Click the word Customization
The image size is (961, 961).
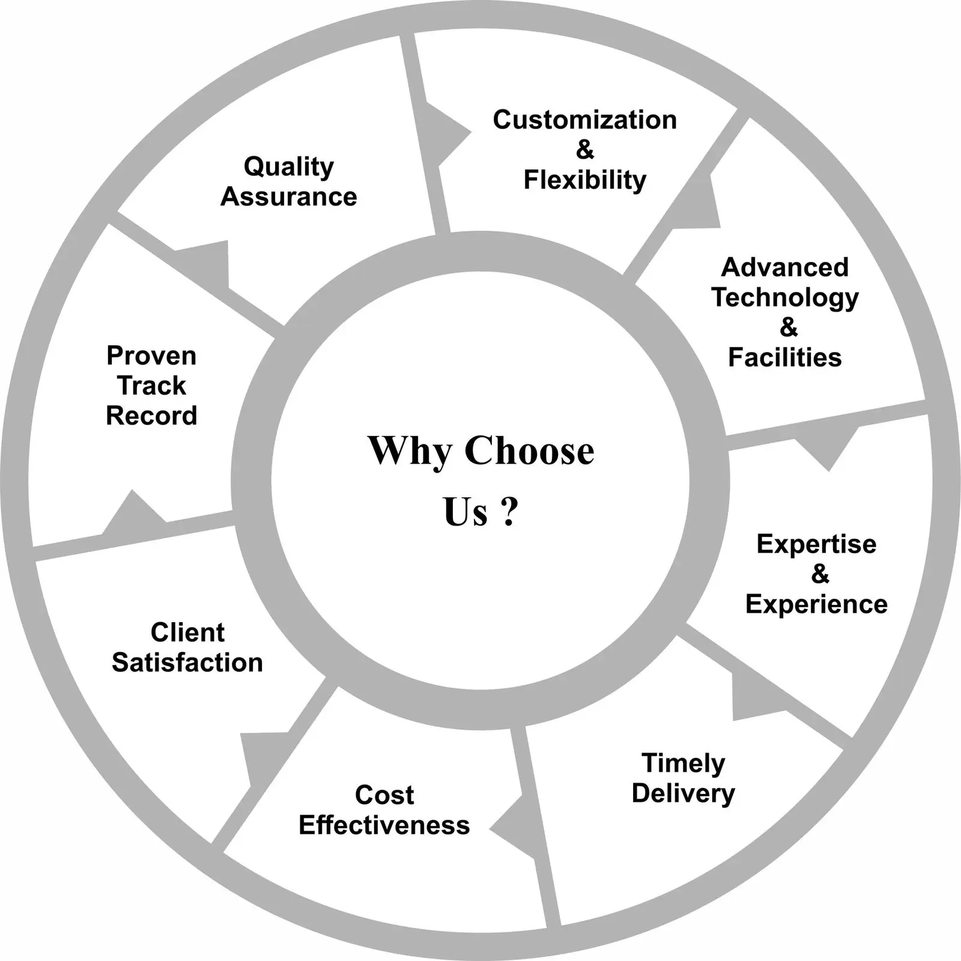click(x=584, y=120)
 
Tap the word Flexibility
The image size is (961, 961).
click(x=584, y=180)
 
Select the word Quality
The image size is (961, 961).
click(x=289, y=167)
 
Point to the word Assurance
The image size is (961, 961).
click(x=289, y=197)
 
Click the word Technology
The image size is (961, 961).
click(x=785, y=297)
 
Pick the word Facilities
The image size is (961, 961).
click(x=785, y=357)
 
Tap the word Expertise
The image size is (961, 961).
click(x=816, y=544)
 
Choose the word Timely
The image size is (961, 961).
click(x=684, y=763)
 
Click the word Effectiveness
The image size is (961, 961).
click(x=384, y=825)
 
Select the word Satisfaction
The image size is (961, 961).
click(x=187, y=662)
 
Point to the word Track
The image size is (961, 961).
click(x=151, y=386)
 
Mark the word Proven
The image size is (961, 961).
click(x=151, y=356)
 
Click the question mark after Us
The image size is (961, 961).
click(x=509, y=512)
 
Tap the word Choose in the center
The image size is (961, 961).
click(x=529, y=450)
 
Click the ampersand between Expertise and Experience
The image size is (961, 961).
click(x=820, y=574)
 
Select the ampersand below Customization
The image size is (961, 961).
click(x=584, y=150)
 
